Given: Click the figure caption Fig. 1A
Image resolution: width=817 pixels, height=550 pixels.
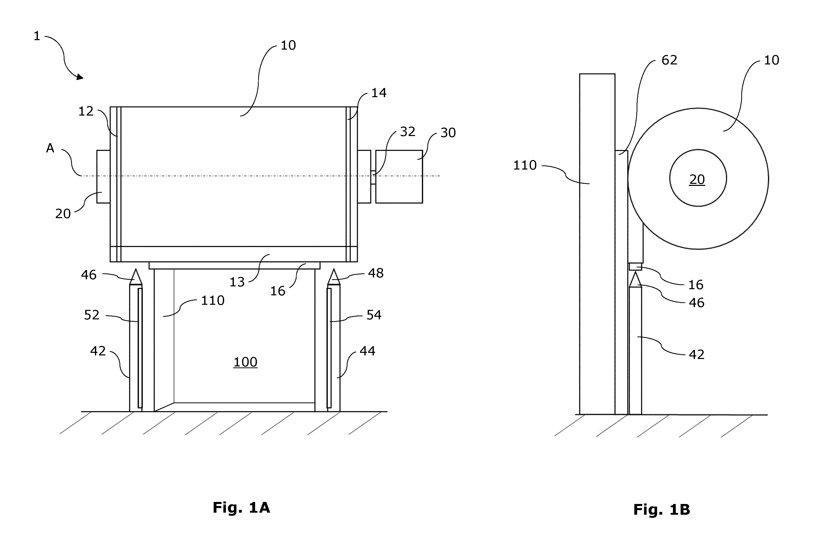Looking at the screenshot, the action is coord(242,508).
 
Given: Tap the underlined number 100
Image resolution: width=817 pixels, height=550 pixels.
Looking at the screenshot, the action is coord(245,362).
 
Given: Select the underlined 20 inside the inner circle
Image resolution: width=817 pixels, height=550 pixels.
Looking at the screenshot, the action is coord(697,179).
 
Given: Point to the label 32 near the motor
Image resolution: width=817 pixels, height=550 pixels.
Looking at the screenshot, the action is coord(407,132).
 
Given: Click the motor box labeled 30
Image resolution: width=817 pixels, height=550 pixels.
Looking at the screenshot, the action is coord(399,176).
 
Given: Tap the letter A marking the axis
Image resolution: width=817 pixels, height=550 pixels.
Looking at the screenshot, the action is coord(50,148).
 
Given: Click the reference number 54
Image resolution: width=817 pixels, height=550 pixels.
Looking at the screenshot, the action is coord(374,315).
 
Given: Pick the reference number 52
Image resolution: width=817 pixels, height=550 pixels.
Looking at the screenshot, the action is coord(92,315).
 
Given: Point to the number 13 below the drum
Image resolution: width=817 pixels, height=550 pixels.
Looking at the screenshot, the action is coord(237,282).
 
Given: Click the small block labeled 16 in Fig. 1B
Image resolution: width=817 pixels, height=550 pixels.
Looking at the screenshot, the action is coord(636,267).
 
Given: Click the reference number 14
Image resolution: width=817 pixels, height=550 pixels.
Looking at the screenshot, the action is coord(379,93).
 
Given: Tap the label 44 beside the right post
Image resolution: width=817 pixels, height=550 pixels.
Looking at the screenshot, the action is coord(367,351).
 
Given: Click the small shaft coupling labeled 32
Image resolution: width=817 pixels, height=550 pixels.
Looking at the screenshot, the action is coord(373,177).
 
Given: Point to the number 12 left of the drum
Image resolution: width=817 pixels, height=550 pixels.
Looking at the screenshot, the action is coord(86,111).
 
